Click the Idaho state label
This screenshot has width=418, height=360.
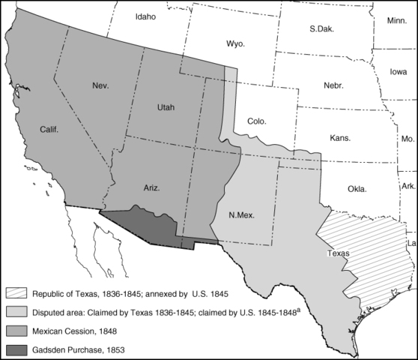click(x=147, y=16)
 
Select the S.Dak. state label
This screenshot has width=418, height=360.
click(x=321, y=29)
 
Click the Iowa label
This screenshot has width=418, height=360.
click(x=399, y=72)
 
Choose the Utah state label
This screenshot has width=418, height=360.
click(x=166, y=107)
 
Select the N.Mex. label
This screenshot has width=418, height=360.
click(x=241, y=215)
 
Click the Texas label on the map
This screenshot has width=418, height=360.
click(x=339, y=253)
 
